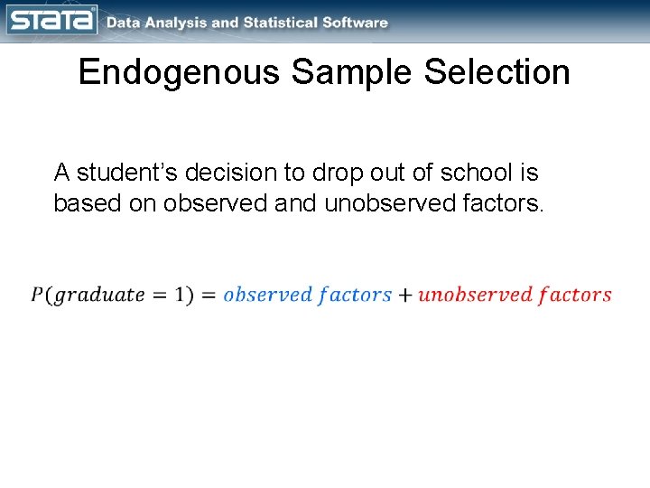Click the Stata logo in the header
(x=51, y=20)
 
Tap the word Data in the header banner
(x=123, y=23)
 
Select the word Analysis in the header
(x=176, y=23)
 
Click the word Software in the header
(x=357, y=23)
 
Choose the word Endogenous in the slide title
(x=179, y=72)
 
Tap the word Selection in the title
(x=497, y=72)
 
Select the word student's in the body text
(x=123, y=172)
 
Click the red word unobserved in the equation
(x=475, y=295)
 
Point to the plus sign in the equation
(x=404, y=295)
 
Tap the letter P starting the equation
(x=36, y=295)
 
